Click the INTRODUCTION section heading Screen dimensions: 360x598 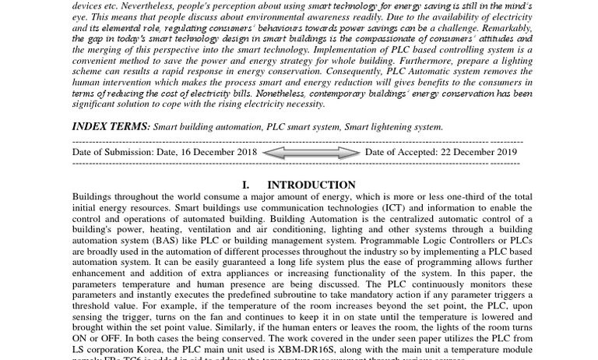[311, 185]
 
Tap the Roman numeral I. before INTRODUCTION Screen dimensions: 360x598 [246, 185]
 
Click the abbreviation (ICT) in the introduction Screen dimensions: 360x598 [397, 208]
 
